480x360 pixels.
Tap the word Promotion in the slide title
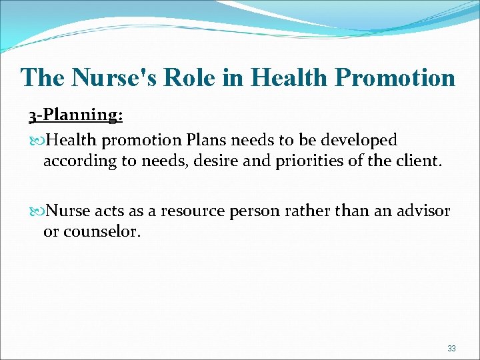point(396,77)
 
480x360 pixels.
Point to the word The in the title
point(42,77)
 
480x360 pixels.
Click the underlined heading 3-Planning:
point(75,115)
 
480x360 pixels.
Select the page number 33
point(451,348)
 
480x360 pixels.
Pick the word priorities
point(317,161)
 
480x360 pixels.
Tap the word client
point(418,161)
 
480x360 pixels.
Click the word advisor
point(422,211)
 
